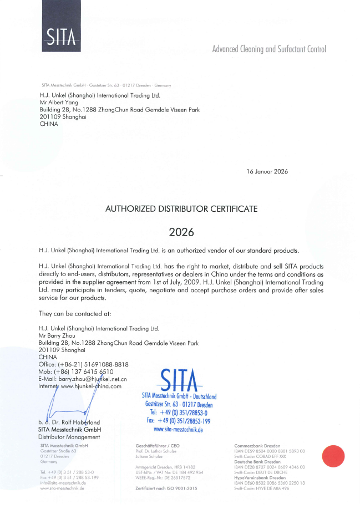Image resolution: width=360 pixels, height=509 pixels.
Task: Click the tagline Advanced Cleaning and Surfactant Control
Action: [x=269, y=49]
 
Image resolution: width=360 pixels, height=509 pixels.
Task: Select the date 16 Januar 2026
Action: [x=267, y=172]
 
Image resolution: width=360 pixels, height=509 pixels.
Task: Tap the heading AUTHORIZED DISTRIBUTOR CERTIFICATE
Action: [x=181, y=209]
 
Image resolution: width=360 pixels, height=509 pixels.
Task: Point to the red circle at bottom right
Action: [x=334, y=456]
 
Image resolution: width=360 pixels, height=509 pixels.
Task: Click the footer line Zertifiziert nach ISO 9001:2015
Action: [x=166, y=488]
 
